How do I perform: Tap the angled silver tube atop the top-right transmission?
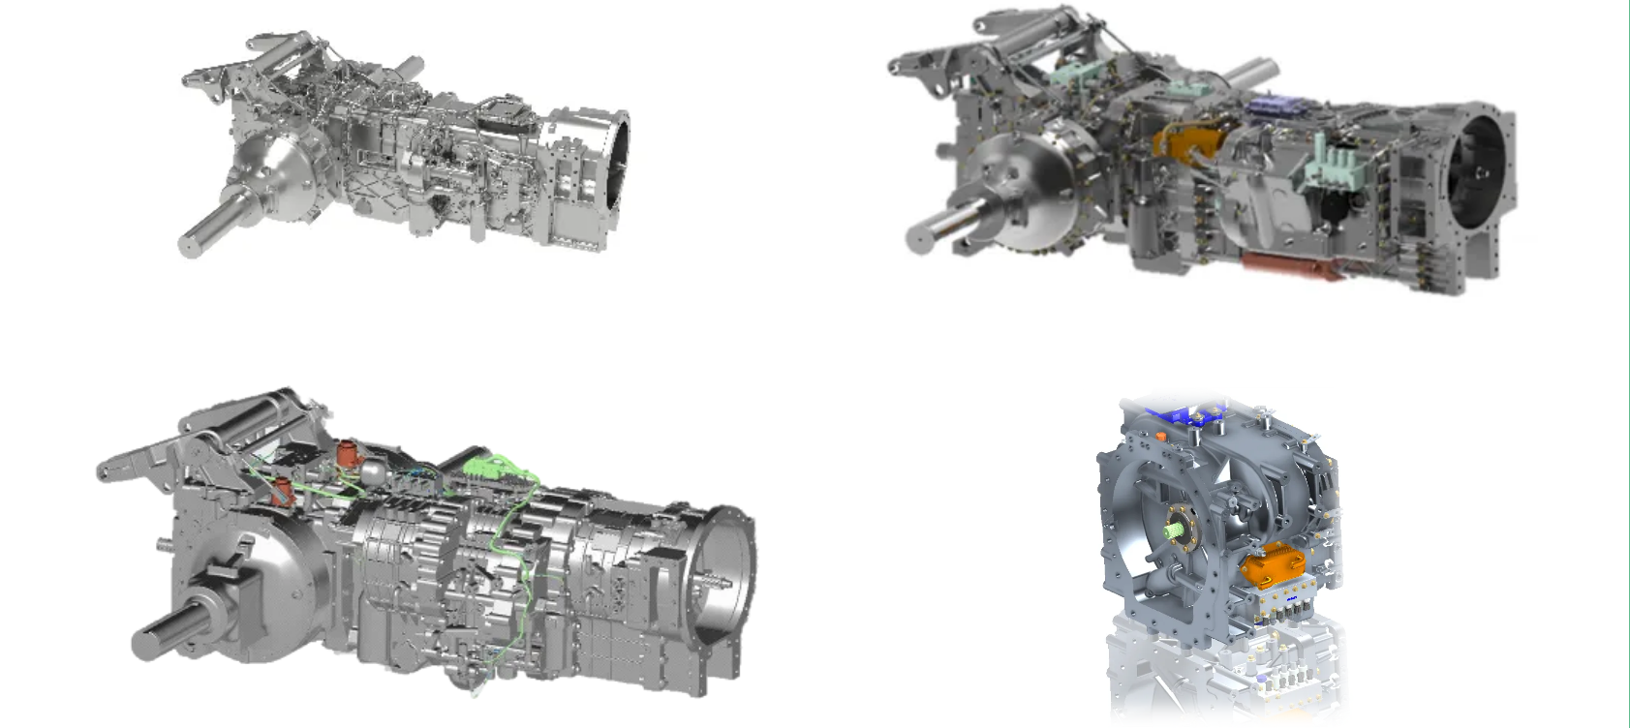pyautogui.click(x=1254, y=72)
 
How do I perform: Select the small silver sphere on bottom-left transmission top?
pyautogui.click(x=373, y=471)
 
